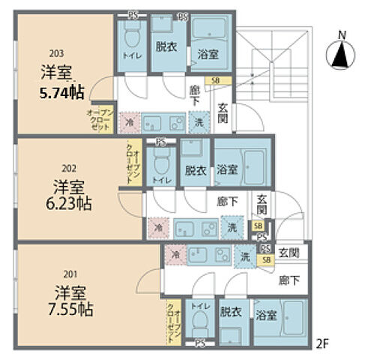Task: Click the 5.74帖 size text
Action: [x=61, y=91]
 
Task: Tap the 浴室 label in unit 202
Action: [x=227, y=170]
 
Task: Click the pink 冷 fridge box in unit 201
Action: [x=174, y=255]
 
